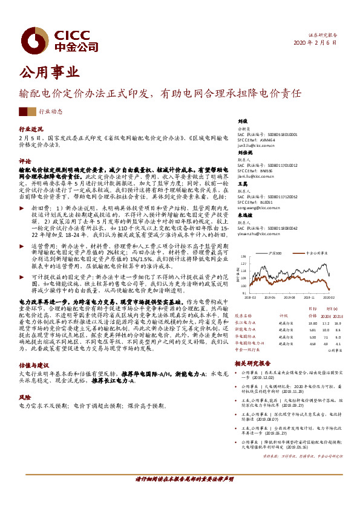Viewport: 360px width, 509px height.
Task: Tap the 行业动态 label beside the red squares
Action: pos(50,112)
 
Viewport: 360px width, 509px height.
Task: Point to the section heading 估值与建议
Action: pos(33,365)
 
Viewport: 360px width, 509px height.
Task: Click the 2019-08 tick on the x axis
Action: pos(290,297)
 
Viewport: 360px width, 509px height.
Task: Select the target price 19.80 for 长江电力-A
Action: pos(313,322)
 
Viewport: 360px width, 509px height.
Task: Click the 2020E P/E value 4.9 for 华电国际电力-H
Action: pos(327,343)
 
